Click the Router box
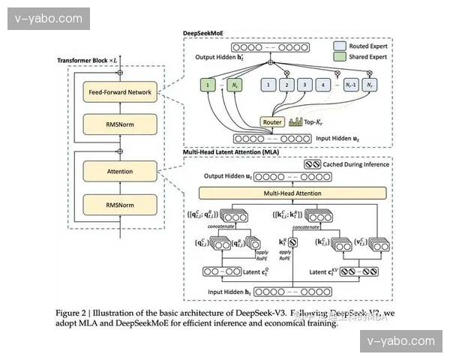[x=271, y=121]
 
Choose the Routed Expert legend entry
[x=364, y=45]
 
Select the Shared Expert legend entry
[x=364, y=57]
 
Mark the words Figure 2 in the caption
[x=76, y=312]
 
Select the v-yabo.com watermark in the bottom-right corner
[x=401, y=342]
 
